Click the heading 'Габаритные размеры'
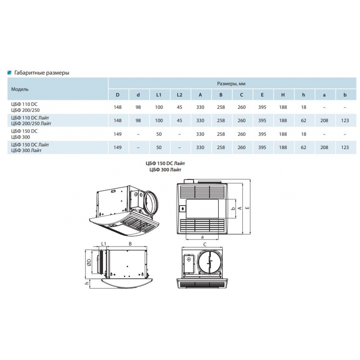(x=41, y=73)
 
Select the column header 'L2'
(x=180, y=95)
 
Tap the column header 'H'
(x=283, y=95)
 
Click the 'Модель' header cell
(x=20, y=89)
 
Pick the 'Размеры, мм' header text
(x=231, y=84)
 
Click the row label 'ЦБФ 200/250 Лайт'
(x=31, y=123)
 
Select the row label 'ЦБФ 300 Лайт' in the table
(x=26, y=150)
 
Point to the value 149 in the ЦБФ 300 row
(x=118, y=134)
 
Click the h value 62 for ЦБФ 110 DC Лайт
(x=303, y=121)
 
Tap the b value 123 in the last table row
(x=345, y=147)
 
